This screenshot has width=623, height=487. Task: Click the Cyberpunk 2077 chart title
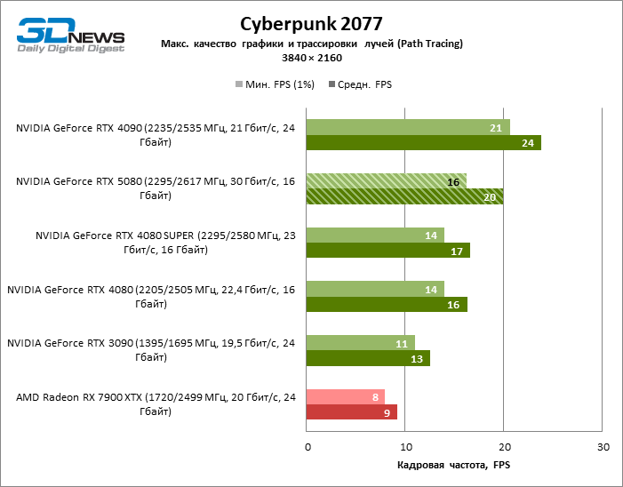[311, 22]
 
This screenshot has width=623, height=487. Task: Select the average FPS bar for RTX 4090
[423, 142]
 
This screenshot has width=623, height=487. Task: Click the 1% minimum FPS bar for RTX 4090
[408, 127]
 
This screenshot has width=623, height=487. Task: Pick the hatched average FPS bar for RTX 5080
[404, 196]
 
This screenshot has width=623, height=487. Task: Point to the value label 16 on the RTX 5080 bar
[452, 181]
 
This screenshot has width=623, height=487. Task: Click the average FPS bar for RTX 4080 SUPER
[387, 251]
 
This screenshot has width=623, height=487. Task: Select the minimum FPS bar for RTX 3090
[360, 343]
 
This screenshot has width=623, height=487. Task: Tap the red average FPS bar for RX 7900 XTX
[351, 412]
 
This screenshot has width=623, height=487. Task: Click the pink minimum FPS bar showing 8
[345, 397]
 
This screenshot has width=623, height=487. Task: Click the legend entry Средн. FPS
[360, 84]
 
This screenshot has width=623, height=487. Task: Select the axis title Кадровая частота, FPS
[454, 464]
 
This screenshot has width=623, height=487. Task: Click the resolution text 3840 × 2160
[311, 58]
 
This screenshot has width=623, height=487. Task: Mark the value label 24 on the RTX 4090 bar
[527, 143]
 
